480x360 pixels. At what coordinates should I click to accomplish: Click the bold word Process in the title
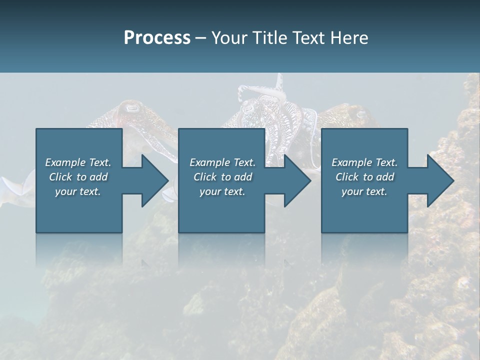(x=157, y=37)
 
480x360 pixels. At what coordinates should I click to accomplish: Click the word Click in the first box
(x=60, y=177)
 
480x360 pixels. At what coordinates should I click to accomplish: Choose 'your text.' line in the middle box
(x=222, y=191)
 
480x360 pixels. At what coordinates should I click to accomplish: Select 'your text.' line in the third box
(x=364, y=191)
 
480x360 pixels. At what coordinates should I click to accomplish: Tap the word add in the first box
(x=99, y=177)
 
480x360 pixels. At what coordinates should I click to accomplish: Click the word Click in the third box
(x=347, y=177)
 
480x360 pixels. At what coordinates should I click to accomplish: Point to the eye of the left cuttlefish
(x=131, y=107)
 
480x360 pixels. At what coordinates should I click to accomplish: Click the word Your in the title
(x=228, y=37)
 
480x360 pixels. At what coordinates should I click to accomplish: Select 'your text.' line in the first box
(x=78, y=191)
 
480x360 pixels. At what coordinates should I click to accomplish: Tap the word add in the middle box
(x=243, y=177)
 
